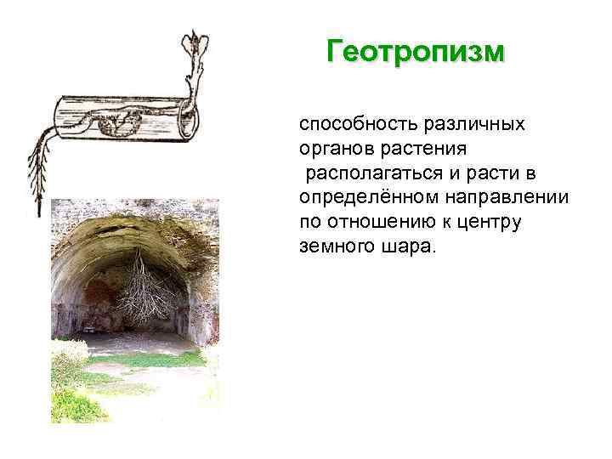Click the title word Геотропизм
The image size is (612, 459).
coord(416,52)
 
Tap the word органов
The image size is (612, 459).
coord(334,149)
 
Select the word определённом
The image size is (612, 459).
coord(367,198)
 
